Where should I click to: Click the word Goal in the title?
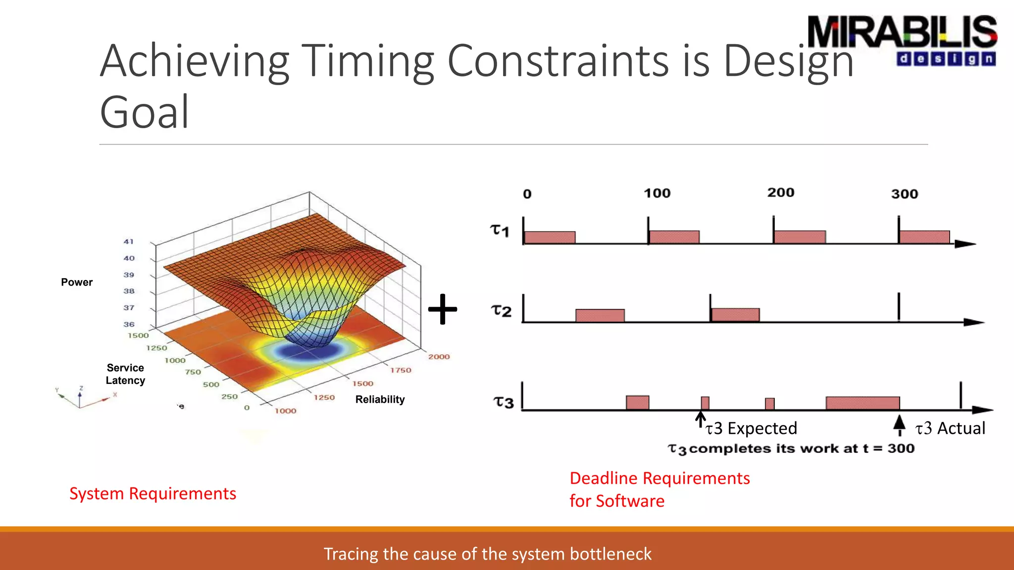[x=144, y=112]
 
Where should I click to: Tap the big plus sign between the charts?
[x=443, y=309]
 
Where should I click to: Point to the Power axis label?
[x=77, y=282]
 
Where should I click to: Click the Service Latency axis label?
[x=125, y=374]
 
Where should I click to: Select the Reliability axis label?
[x=380, y=399]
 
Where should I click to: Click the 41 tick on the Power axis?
[x=129, y=241]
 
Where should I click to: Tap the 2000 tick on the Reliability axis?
[x=439, y=356]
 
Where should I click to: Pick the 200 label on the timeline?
[x=781, y=192]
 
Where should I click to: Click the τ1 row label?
[x=500, y=230]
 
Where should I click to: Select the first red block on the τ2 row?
[x=600, y=315]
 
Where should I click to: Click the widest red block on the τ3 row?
[x=862, y=403]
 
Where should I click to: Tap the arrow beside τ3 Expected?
[x=700, y=419]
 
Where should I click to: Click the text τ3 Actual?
[x=950, y=428]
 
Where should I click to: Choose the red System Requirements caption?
[x=152, y=493]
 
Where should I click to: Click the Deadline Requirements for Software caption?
[x=659, y=489]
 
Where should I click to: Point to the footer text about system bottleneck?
[x=487, y=554]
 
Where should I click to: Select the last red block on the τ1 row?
[x=924, y=237]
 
